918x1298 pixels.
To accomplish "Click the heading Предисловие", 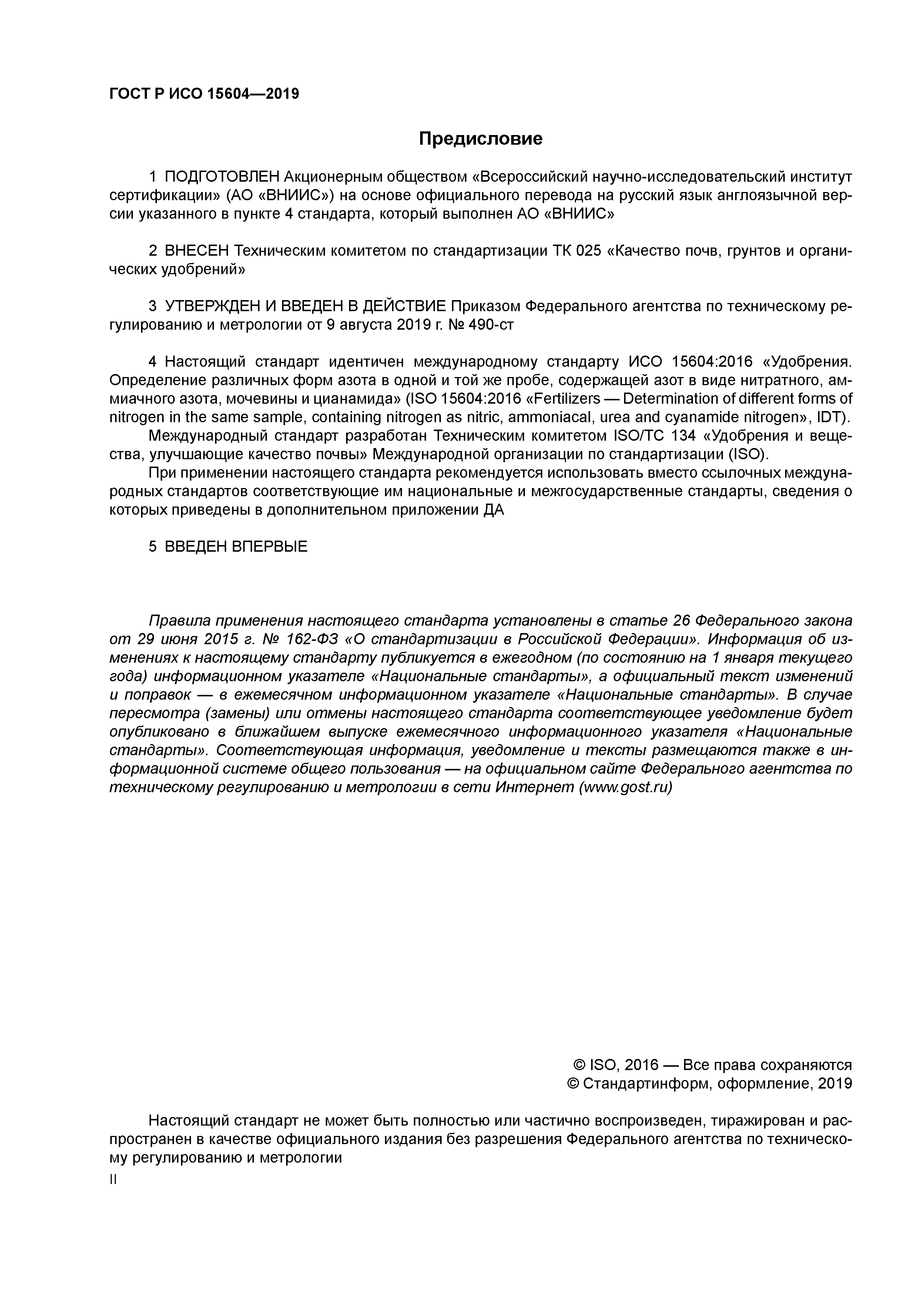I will pos(480,138).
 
